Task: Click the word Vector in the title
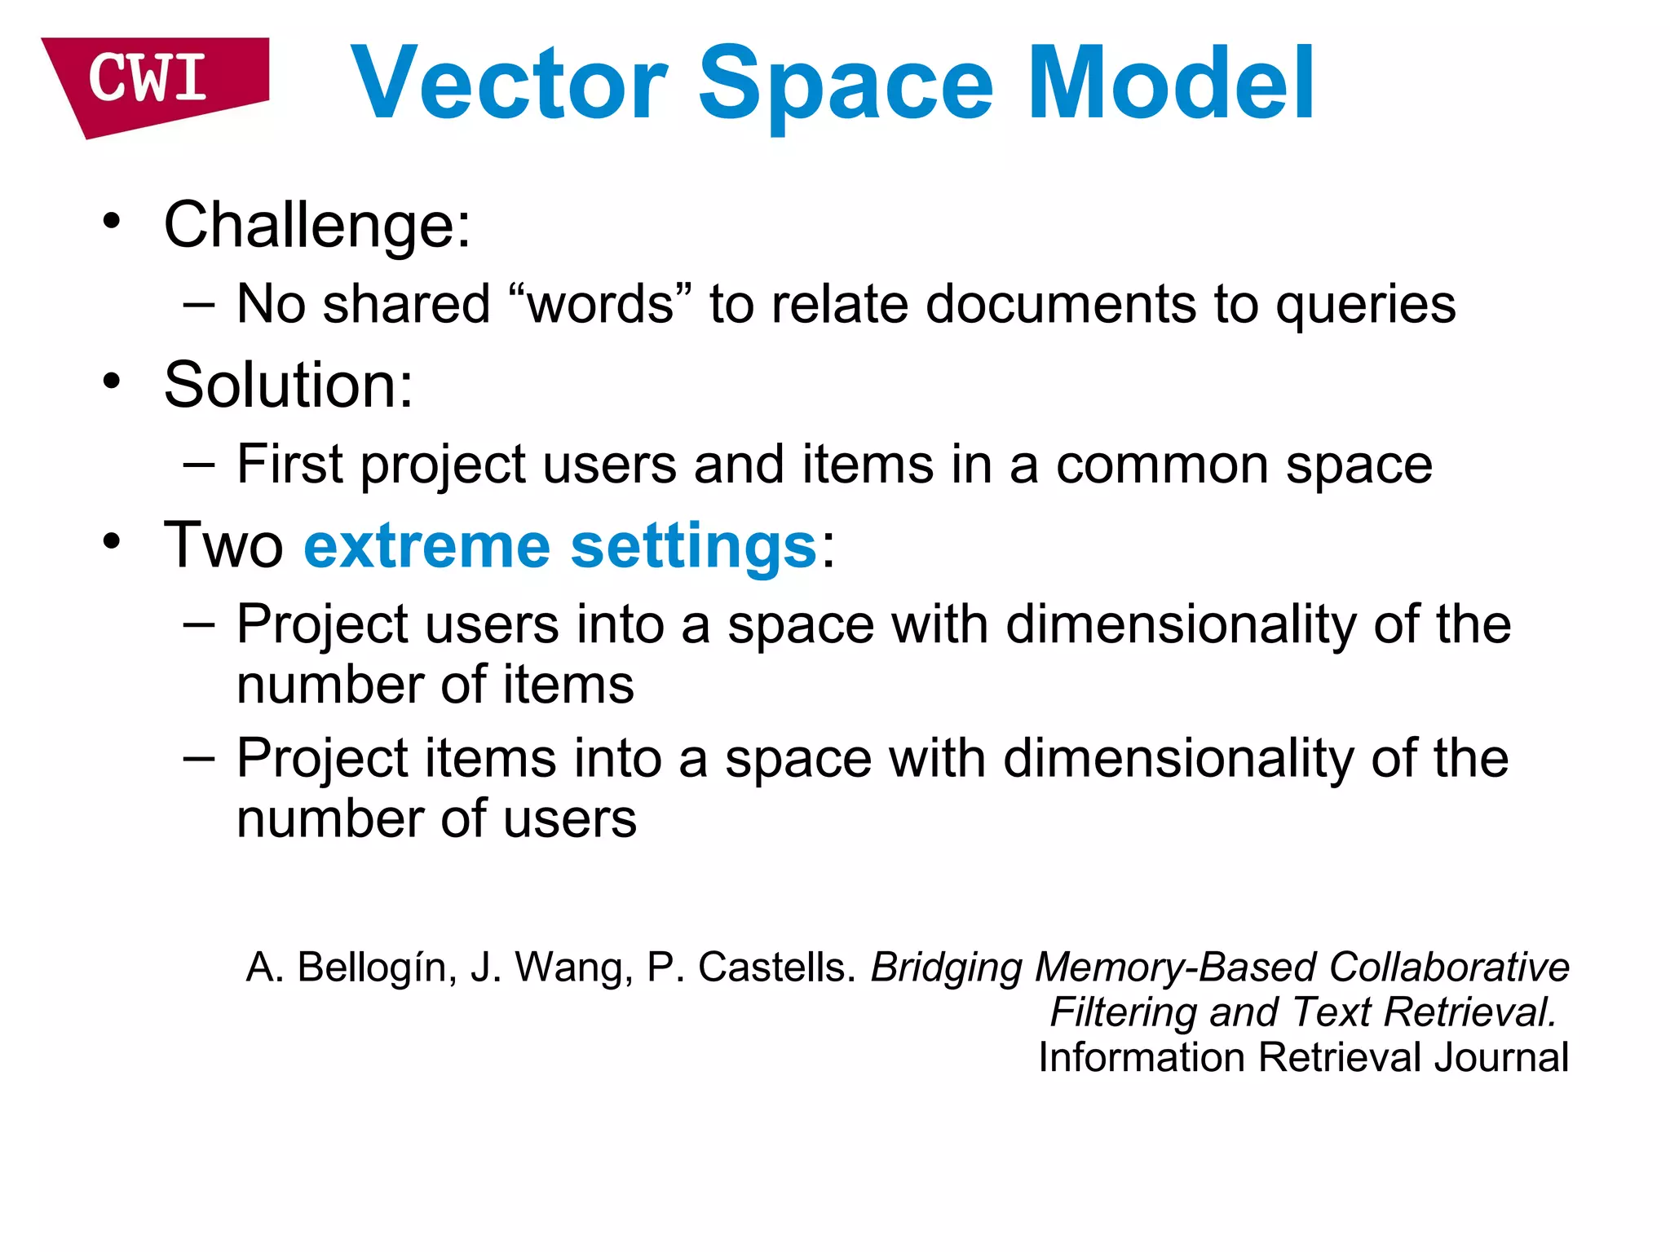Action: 510,84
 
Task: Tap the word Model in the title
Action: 1171,84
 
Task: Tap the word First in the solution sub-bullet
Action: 289,465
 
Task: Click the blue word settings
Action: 692,547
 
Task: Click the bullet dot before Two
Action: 112,541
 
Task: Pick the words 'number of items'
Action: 435,685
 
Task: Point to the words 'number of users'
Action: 436,819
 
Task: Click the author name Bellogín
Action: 371,968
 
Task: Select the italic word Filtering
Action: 1122,1013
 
